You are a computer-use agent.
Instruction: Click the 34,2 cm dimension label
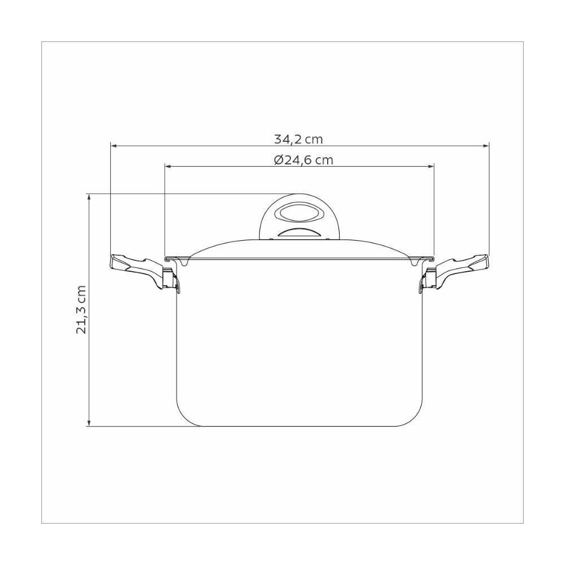pos(298,139)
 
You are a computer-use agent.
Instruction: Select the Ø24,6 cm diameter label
pos(303,160)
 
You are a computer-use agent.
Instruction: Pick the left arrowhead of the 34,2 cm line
pos(113,146)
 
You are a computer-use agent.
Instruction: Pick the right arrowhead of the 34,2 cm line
pos(485,146)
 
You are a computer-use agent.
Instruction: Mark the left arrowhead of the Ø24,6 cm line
pos(168,167)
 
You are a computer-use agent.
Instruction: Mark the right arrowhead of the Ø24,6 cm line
pos(431,167)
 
